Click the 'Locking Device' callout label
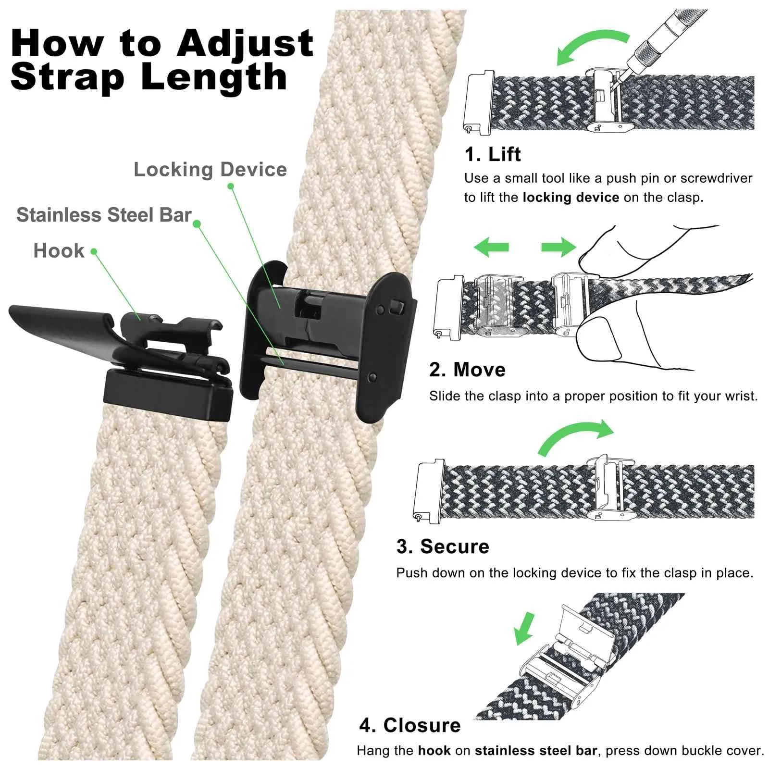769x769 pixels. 210,170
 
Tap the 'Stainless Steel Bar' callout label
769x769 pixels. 104,215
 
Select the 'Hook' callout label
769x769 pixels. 59,251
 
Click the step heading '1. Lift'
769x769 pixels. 493,154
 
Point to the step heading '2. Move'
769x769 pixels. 467,370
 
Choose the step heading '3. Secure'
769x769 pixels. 443,546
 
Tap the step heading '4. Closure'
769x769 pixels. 410,725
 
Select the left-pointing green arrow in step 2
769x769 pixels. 491,247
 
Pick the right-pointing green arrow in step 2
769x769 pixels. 558,247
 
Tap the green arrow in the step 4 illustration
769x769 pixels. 524,628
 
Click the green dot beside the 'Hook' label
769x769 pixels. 94,251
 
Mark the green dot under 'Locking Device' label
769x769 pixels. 231,186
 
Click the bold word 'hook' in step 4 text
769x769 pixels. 434,751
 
